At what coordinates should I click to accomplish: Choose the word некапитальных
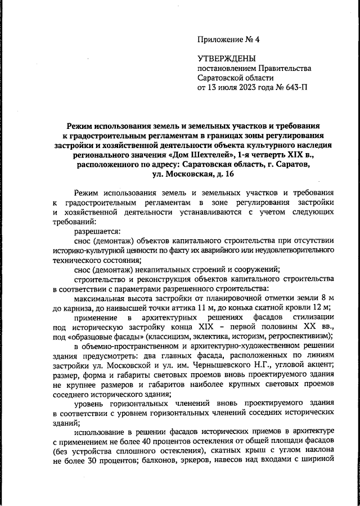pos(150,270)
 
